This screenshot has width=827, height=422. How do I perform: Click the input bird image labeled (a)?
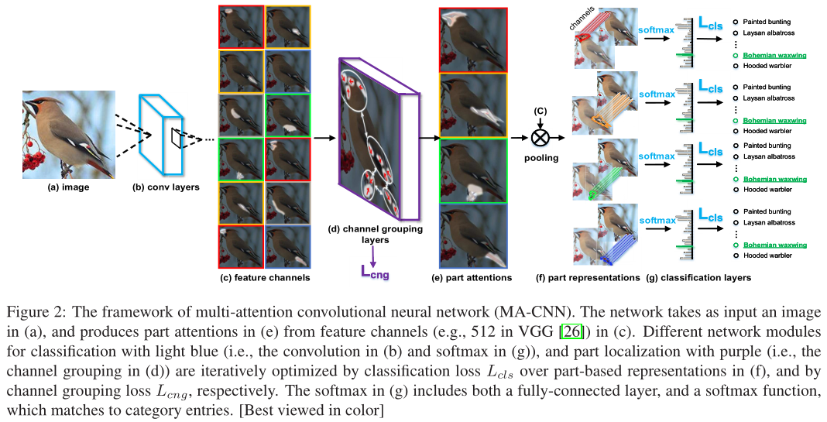[x=68, y=133]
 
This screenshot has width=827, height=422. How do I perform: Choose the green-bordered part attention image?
[x=472, y=170]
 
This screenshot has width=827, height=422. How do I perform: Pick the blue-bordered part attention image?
[x=472, y=235]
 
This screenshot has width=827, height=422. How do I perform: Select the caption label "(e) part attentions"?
[x=472, y=276]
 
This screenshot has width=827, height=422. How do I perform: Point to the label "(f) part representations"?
[x=588, y=276]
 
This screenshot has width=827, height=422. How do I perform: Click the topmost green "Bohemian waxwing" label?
[x=774, y=56]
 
